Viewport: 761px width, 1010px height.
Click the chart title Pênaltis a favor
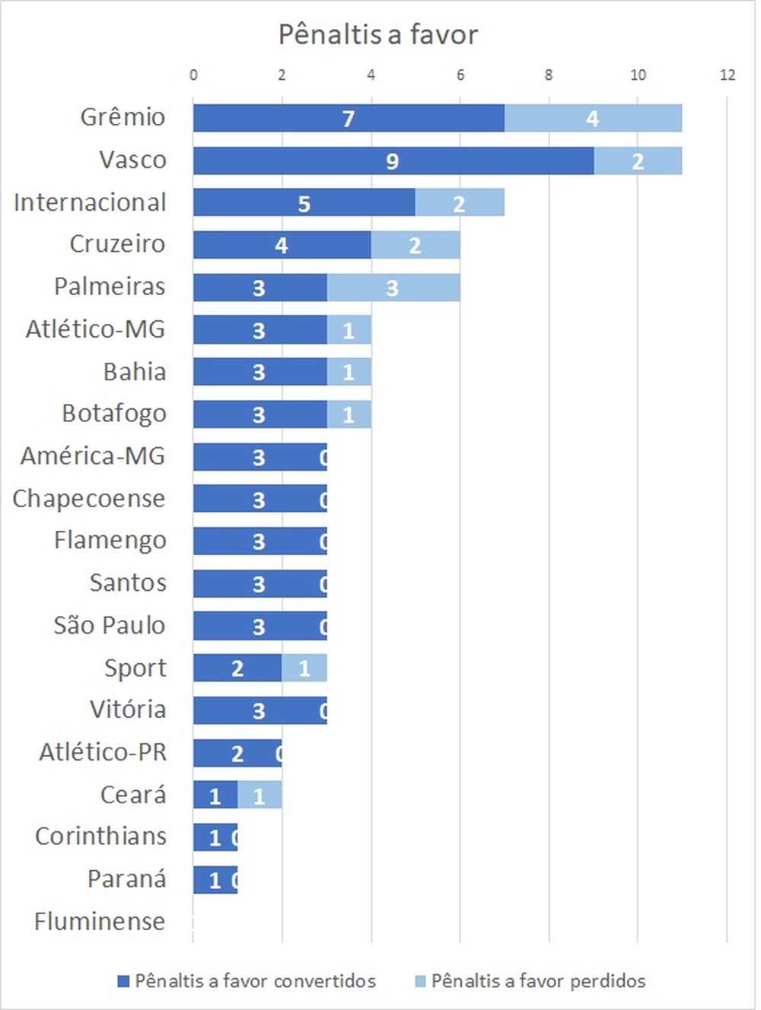[378, 35]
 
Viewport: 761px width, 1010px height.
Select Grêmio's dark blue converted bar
[349, 118]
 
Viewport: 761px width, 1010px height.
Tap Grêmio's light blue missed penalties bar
[593, 118]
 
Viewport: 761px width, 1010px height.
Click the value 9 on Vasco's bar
[392, 161]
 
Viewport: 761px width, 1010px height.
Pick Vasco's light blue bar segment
[638, 161]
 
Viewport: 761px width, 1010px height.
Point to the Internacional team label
[90, 202]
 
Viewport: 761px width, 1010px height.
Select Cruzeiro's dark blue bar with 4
[282, 245]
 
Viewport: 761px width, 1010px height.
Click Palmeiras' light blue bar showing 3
[393, 287]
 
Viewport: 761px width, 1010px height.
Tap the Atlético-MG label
[96, 329]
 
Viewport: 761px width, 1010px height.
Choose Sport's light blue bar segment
[304, 668]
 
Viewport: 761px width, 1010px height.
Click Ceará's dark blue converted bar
[215, 796]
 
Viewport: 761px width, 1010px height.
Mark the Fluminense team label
[100, 922]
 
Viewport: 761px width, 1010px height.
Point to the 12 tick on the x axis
[728, 75]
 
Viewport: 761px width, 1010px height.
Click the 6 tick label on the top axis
[460, 75]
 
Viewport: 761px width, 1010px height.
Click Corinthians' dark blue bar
[215, 837]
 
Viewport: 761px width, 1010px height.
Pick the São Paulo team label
[110, 625]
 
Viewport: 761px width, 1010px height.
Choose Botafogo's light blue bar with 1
[349, 414]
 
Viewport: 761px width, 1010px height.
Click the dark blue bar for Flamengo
[259, 541]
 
